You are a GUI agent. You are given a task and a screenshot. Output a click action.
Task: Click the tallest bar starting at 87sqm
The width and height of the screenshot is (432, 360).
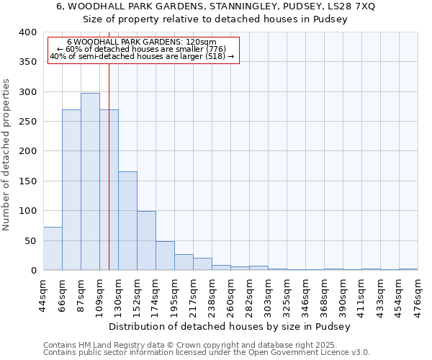point(90,181)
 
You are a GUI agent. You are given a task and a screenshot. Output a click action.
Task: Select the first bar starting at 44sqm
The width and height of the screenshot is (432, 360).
point(53,248)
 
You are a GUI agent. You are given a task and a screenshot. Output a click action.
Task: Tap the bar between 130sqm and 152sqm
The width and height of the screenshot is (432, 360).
point(127,220)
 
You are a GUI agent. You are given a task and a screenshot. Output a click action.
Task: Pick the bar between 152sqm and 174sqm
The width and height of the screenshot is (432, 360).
point(146,240)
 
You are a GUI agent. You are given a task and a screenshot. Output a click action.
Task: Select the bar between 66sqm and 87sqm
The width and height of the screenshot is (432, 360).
point(71,190)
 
